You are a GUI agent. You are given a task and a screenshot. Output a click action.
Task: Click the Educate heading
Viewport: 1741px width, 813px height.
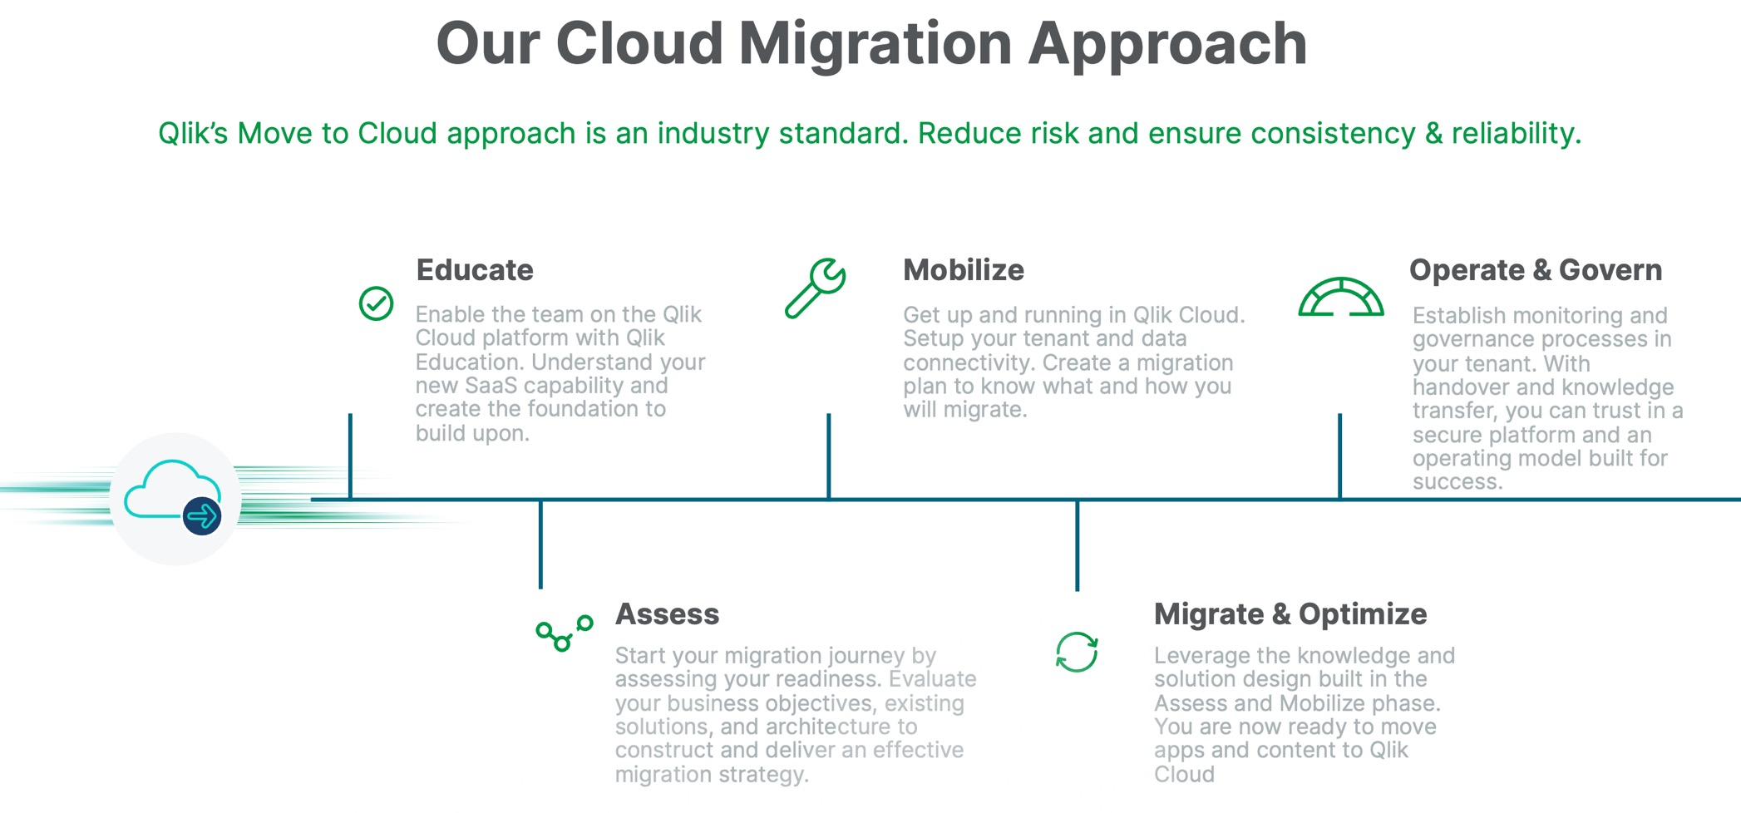[475, 270]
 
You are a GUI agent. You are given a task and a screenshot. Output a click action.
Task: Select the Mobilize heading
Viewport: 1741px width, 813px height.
[964, 270]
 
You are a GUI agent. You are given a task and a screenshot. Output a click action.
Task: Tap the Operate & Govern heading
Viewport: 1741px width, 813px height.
[1536, 270]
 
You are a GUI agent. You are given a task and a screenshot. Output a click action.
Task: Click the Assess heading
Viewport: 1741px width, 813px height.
[667, 614]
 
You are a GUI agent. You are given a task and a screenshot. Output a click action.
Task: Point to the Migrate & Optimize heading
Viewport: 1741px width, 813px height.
[1290, 614]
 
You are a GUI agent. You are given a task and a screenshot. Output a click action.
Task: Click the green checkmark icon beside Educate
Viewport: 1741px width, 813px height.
[376, 303]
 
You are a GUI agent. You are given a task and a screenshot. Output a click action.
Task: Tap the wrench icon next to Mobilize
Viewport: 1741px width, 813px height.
[816, 288]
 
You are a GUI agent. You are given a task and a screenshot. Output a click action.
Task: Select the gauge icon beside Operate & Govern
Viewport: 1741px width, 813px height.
[1341, 298]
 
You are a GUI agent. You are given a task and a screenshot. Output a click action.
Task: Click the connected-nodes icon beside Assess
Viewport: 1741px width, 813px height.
[565, 634]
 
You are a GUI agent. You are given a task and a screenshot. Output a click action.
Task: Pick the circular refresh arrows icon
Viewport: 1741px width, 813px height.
[1077, 652]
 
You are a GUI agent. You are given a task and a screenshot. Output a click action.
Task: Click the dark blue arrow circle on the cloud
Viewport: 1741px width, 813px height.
[202, 516]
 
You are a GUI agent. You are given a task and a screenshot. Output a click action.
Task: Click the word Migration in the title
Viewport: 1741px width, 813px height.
[875, 43]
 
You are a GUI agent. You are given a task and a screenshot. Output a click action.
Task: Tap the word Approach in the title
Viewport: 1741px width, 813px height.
[1167, 43]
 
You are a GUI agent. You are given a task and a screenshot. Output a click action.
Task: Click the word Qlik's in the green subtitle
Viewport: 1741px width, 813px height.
[192, 133]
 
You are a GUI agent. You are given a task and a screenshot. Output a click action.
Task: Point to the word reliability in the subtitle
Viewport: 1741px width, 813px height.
[1516, 133]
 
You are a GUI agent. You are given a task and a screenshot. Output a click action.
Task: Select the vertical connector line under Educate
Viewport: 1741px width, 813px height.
[350, 456]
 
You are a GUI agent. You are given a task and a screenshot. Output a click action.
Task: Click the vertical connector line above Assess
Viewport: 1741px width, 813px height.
[540, 544]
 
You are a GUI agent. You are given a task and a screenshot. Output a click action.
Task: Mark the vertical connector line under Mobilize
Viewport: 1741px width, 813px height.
[828, 456]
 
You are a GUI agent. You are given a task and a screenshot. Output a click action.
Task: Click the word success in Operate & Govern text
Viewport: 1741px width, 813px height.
[1457, 482]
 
